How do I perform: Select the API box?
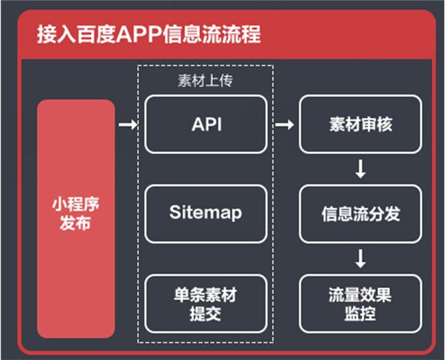(x=206, y=125)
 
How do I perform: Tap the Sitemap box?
(x=206, y=213)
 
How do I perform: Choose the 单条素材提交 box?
(x=206, y=305)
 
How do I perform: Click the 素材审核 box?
(x=360, y=125)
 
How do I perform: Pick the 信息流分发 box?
(x=360, y=214)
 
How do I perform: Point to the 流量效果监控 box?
(x=360, y=305)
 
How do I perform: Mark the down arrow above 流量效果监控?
(x=360, y=259)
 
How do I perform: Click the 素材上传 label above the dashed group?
(x=205, y=81)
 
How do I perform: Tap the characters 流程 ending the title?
(x=242, y=34)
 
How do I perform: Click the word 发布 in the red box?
(x=75, y=224)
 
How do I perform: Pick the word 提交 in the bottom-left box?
(x=206, y=315)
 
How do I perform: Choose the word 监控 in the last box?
(x=360, y=315)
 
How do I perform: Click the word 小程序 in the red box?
(x=75, y=205)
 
